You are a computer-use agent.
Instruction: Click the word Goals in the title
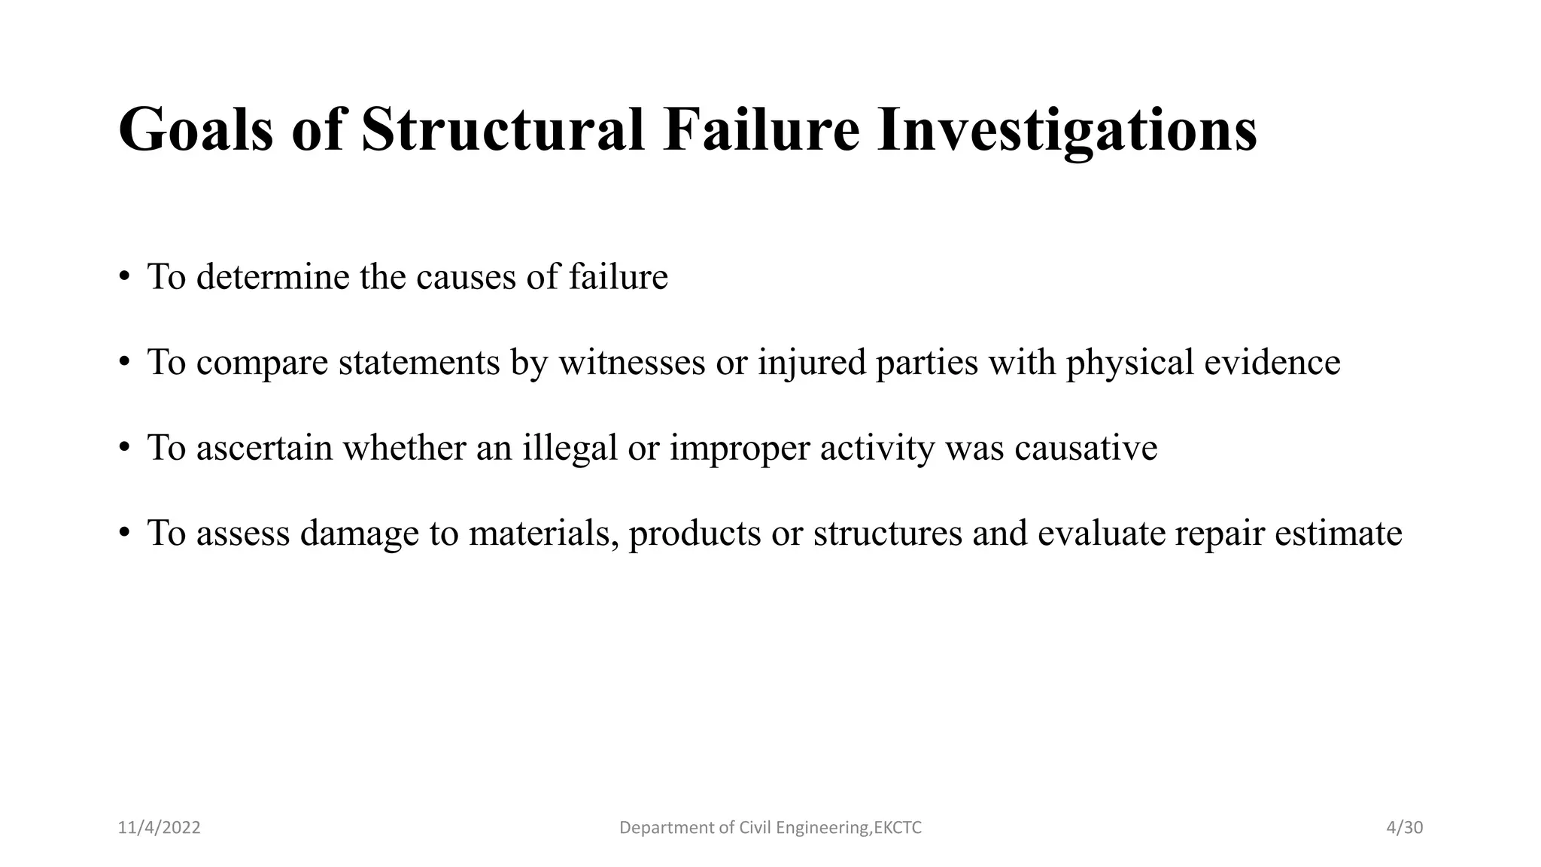pyautogui.click(x=196, y=131)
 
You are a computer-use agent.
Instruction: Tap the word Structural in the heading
pyautogui.click(x=503, y=131)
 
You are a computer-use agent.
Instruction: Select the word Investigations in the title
pyautogui.click(x=1067, y=131)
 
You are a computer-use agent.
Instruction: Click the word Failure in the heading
pyautogui.click(x=761, y=131)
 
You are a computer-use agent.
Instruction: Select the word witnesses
pyautogui.click(x=632, y=363)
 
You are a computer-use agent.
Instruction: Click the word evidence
pyautogui.click(x=1272, y=363)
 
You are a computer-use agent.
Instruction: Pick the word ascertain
pyautogui.click(x=264, y=449)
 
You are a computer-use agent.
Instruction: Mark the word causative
pyautogui.click(x=1086, y=449)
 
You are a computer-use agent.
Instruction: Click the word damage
pyautogui.click(x=359, y=534)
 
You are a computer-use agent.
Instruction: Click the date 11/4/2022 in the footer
pyautogui.click(x=160, y=828)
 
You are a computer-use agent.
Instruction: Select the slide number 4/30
pyautogui.click(x=1405, y=828)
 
